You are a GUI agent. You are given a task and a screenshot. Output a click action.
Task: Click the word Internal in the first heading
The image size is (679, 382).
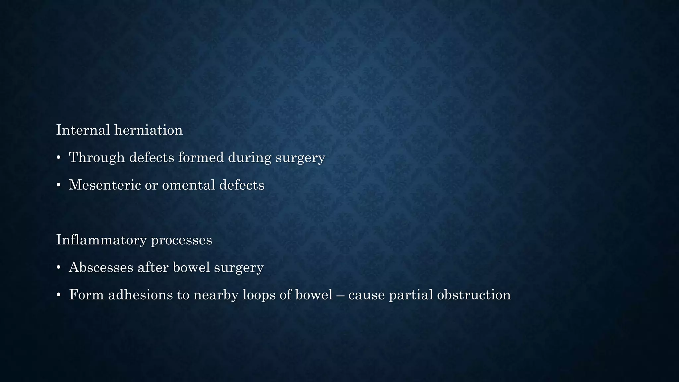click(83, 130)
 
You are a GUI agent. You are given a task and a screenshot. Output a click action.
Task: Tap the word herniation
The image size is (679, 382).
click(148, 130)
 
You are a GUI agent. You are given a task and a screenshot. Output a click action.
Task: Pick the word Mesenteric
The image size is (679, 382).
click(104, 185)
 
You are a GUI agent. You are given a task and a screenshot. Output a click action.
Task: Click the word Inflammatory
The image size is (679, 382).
click(101, 240)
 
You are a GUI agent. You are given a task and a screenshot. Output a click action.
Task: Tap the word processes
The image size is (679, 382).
click(181, 240)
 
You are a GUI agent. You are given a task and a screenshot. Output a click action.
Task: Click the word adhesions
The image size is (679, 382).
click(140, 295)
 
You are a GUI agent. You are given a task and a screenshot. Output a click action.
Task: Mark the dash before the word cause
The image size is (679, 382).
click(340, 295)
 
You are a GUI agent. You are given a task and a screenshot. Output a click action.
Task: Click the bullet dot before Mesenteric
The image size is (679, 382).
click(58, 185)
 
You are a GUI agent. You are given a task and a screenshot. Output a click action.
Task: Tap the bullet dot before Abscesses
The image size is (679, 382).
click(58, 268)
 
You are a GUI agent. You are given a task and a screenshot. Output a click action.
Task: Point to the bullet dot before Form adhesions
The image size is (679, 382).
click(58, 295)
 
